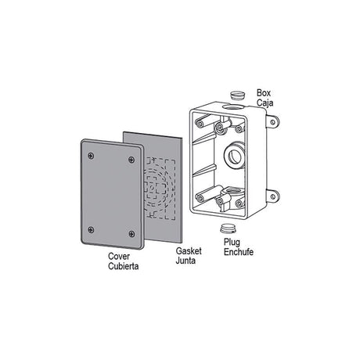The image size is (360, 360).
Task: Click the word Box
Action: (x=265, y=92)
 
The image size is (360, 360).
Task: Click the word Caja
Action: (x=265, y=101)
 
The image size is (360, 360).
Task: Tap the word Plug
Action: (x=232, y=243)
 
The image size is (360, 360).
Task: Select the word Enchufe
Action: (x=238, y=252)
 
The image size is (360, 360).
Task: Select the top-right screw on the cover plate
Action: (x=130, y=160)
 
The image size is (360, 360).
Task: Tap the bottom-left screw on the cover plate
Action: (x=92, y=229)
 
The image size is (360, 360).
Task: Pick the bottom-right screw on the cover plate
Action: (x=131, y=234)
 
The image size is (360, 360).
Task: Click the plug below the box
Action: (x=226, y=228)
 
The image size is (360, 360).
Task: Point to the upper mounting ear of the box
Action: (x=272, y=122)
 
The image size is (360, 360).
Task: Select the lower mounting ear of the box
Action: (x=272, y=196)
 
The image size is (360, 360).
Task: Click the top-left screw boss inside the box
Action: (x=202, y=124)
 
